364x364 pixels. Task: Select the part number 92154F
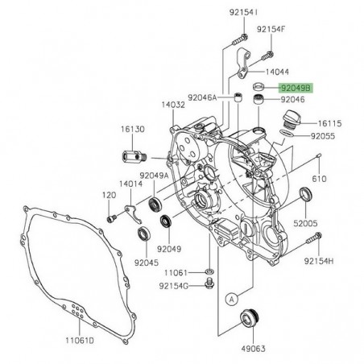tap(271, 30)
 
